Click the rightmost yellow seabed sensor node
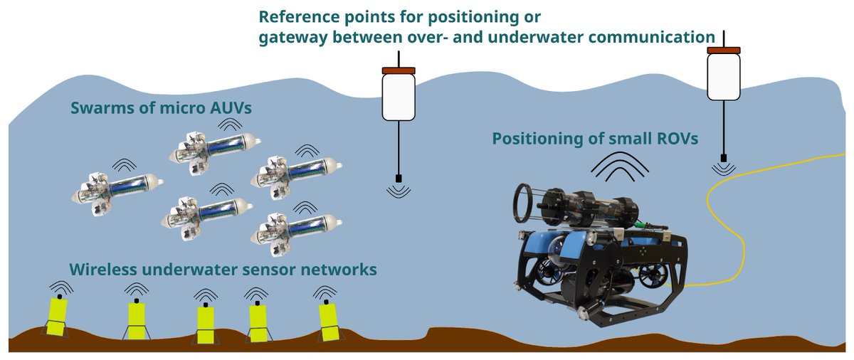click(328, 319)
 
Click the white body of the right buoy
click(723, 77)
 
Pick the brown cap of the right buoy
click(724, 50)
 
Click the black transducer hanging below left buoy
click(398, 178)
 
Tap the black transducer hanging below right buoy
click(724, 157)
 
